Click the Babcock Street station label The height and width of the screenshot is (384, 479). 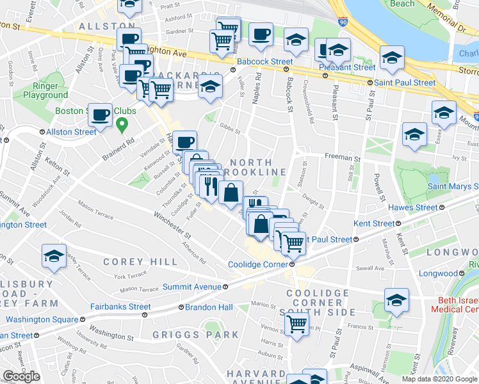[x=264, y=61]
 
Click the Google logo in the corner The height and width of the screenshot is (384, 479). [x=21, y=376]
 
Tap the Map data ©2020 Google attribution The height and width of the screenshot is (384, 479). [x=439, y=379]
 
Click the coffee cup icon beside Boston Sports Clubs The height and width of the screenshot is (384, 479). [x=101, y=115]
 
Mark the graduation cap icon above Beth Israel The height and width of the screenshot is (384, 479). [x=396, y=300]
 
